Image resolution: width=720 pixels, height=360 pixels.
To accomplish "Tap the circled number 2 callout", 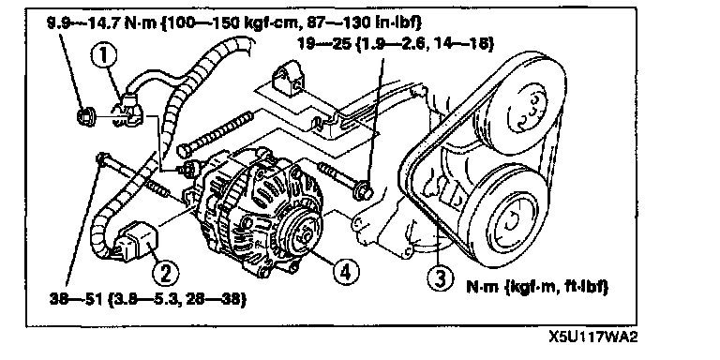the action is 165,274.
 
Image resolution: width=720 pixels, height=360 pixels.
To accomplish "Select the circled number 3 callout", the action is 440,277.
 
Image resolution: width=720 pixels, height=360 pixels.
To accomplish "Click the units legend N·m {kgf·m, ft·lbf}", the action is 537,288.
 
